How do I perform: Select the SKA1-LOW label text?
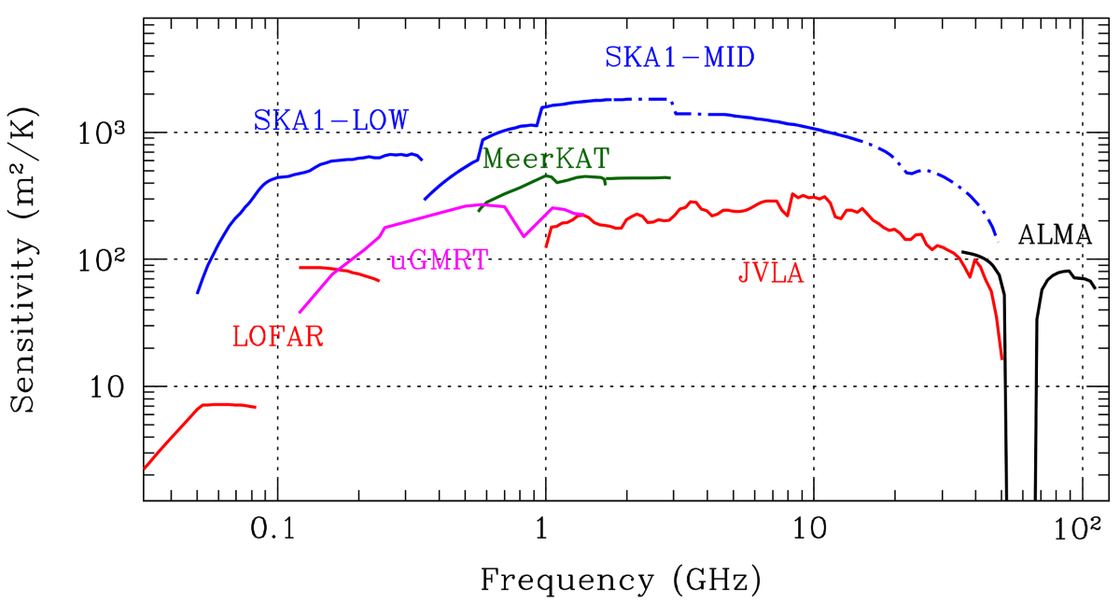(331, 120)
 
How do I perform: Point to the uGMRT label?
(438, 260)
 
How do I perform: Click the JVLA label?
(770, 275)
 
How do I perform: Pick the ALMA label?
(1055, 234)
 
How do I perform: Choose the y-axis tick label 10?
(107, 385)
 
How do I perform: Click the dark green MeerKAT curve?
(635, 177)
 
